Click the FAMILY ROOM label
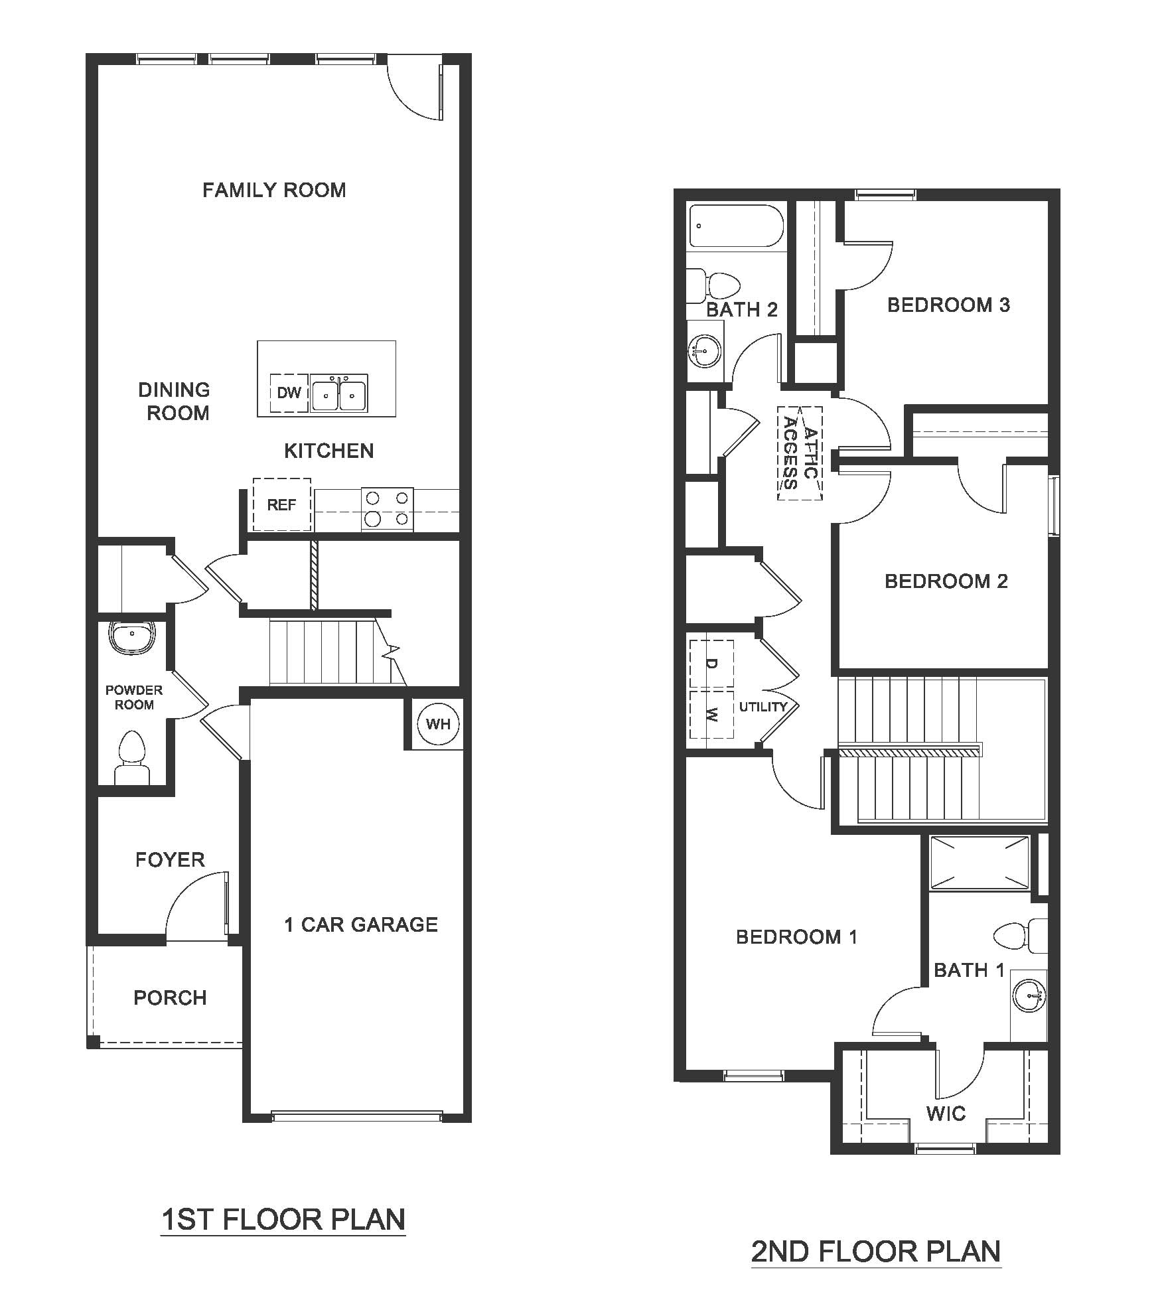[274, 190]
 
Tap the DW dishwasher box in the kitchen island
[289, 393]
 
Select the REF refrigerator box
[281, 505]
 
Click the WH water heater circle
[438, 724]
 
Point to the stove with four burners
[387, 509]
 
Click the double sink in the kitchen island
[339, 394]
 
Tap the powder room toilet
[132, 757]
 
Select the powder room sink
[132, 637]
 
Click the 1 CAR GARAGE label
[361, 924]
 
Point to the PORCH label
[170, 997]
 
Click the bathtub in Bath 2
[736, 226]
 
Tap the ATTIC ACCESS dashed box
[800, 453]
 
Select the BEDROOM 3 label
[948, 305]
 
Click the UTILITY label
[763, 707]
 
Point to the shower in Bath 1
[980, 862]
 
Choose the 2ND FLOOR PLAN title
[875, 1252]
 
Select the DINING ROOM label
[175, 402]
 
